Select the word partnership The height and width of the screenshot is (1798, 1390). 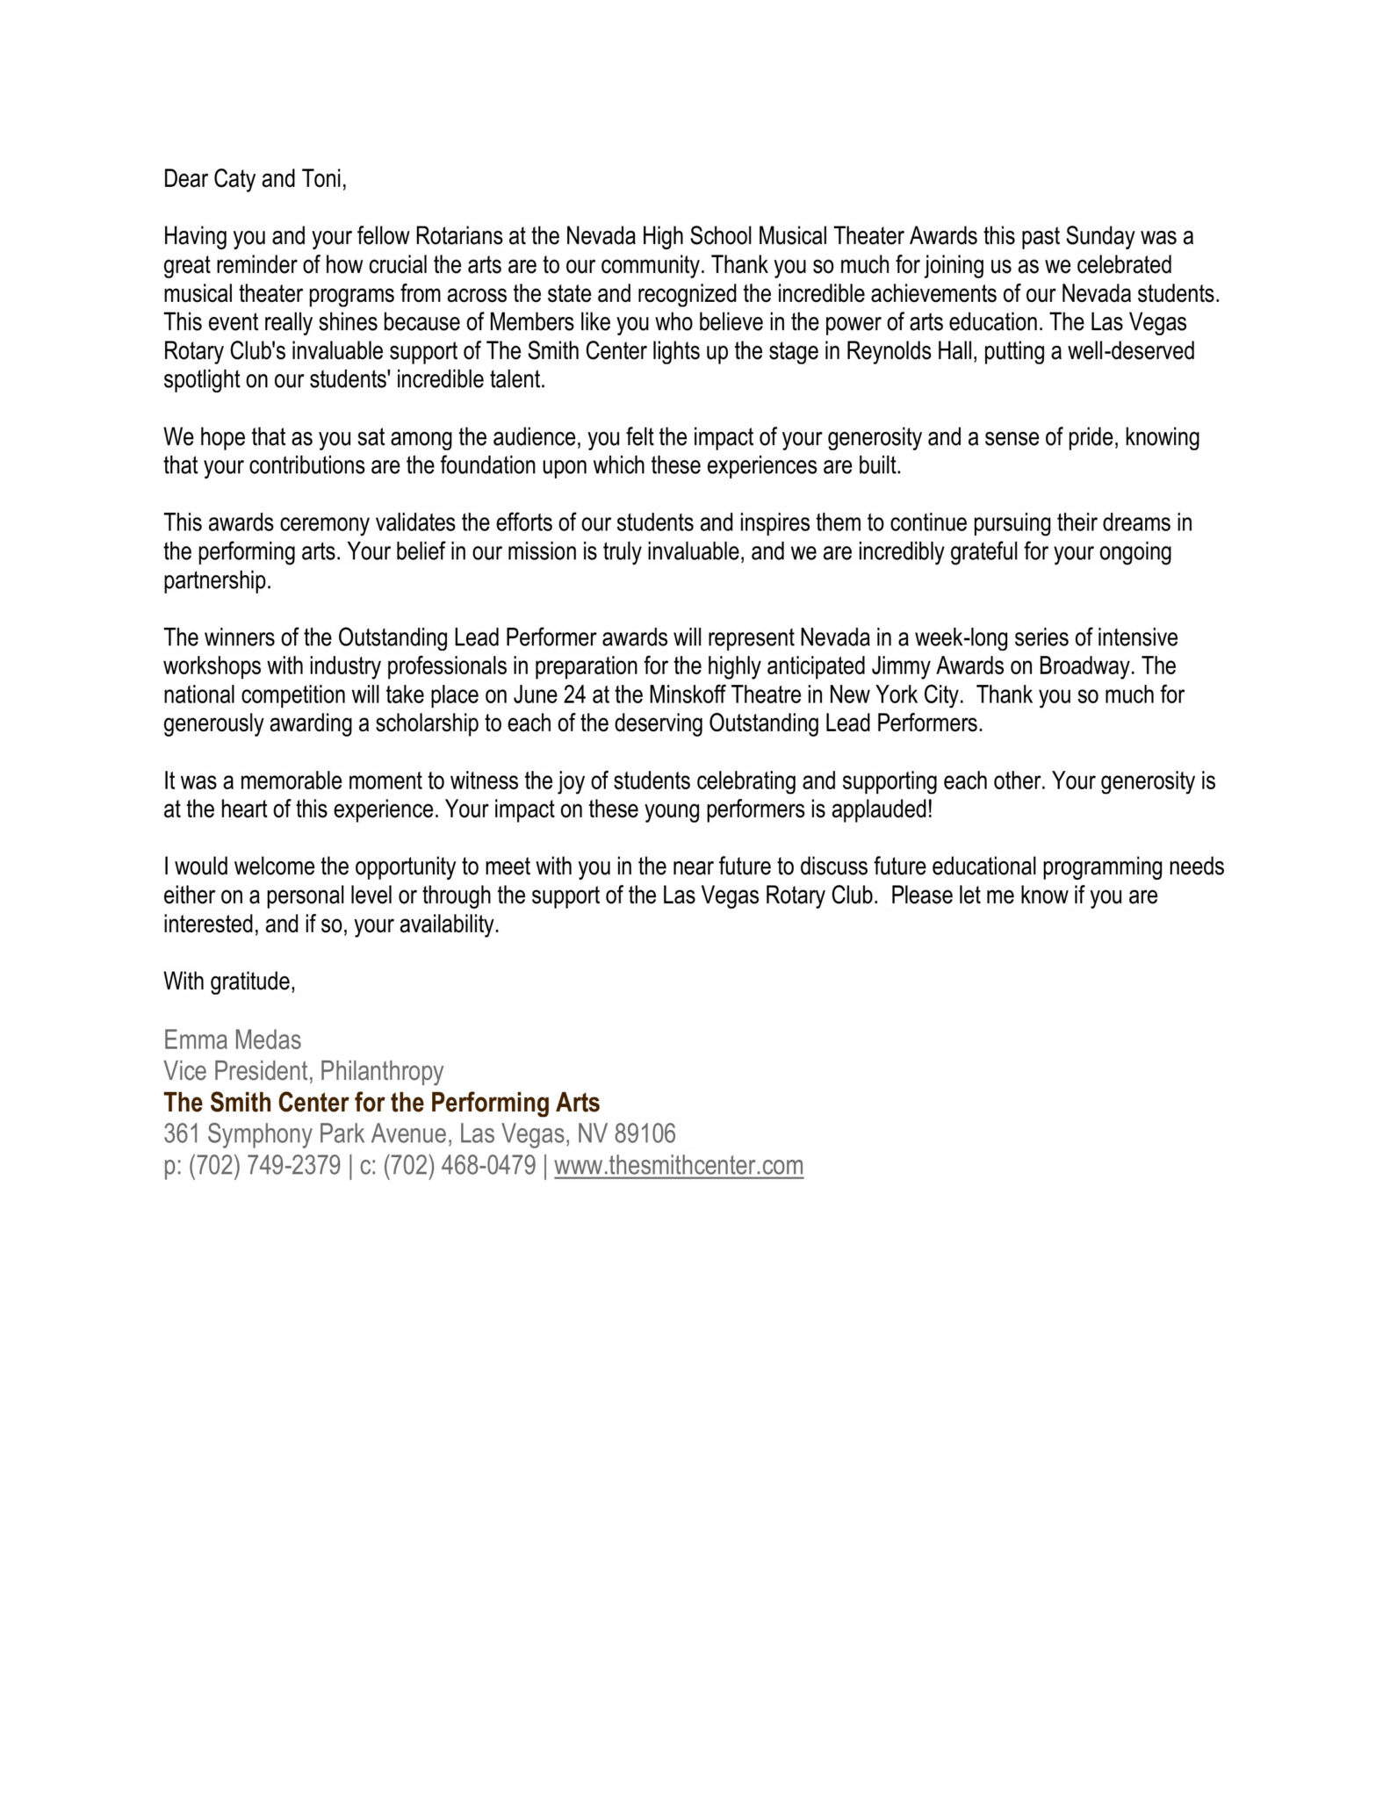[x=217, y=582]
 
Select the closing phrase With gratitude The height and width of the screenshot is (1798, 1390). [x=229, y=982]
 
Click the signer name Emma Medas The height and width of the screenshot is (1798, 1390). [x=232, y=1041]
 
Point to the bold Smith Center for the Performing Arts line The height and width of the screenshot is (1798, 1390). [x=381, y=1104]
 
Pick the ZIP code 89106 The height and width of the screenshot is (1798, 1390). [x=645, y=1134]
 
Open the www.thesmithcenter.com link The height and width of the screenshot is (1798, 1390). [x=679, y=1167]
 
